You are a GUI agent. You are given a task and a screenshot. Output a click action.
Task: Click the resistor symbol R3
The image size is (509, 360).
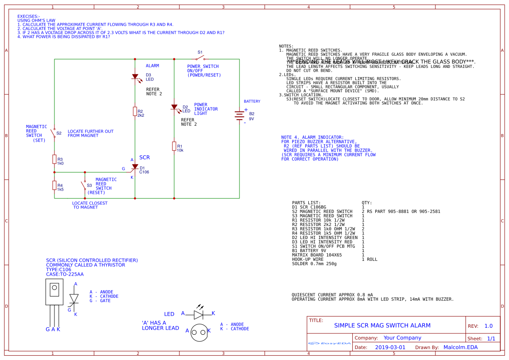click(54, 159)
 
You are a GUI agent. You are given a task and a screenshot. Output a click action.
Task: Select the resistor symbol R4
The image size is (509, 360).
click(54, 186)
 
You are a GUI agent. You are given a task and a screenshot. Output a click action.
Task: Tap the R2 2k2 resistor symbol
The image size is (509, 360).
click(135, 111)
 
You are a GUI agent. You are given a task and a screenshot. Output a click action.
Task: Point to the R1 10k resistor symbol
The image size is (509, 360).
click(174, 146)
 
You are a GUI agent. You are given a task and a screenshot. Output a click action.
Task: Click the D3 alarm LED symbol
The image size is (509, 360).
click(135, 77)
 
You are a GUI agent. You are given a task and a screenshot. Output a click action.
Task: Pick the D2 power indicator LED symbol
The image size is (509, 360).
click(174, 107)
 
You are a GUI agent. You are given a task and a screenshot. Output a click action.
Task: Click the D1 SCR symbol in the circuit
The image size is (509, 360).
click(135, 168)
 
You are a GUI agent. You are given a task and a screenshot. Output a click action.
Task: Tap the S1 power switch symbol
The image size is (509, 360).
click(200, 58)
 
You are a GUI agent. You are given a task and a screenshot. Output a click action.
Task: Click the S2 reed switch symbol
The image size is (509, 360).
click(54, 132)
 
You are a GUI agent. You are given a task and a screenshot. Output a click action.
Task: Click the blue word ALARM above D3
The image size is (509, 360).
click(152, 66)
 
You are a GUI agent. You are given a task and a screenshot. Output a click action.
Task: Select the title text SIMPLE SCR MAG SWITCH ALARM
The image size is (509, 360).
click(382, 325)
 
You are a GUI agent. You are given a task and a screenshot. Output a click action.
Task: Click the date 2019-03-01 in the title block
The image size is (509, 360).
click(390, 347)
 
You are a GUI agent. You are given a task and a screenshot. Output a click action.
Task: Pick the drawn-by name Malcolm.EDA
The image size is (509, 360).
click(460, 347)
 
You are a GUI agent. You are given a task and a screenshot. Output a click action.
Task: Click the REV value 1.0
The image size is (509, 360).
click(489, 326)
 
